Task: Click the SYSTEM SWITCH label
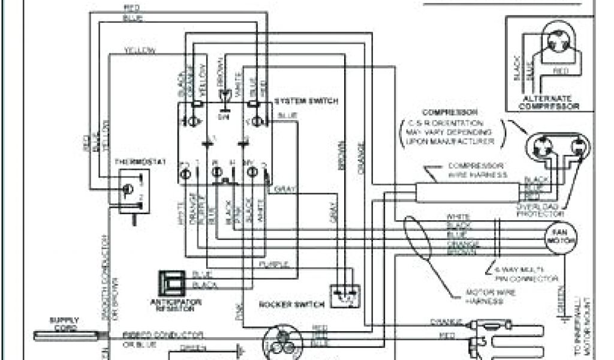[306, 101]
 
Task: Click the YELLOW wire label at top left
[140, 50]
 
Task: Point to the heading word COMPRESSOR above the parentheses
[450, 112]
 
